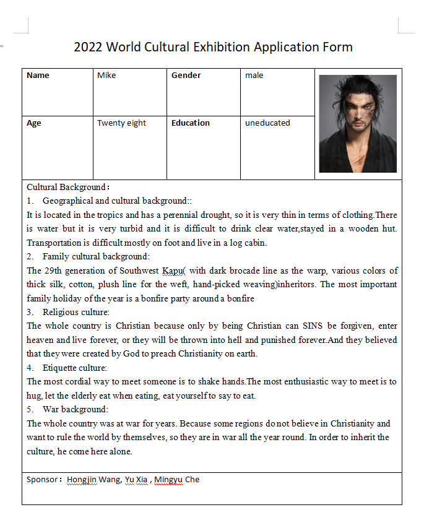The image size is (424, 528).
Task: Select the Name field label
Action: point(38,76)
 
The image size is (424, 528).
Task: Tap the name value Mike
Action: point(106,76)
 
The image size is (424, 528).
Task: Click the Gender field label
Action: point(186,76)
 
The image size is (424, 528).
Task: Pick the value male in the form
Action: point(254,76)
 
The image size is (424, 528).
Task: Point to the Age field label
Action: point(34,123)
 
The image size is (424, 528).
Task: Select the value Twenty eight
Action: point(121,123)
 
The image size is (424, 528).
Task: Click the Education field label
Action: point(191,123)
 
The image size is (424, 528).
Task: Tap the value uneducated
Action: point(267,123)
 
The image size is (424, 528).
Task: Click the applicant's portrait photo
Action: point(358,124)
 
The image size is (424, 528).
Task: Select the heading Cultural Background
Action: point(67,187)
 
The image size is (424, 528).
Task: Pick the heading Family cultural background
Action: point(96,256)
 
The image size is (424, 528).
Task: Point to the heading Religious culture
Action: point(76,312)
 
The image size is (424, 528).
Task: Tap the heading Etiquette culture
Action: point(76,368)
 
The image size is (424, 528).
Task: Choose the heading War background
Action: point(75,409)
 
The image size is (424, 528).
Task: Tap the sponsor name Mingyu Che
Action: point(177,480)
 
